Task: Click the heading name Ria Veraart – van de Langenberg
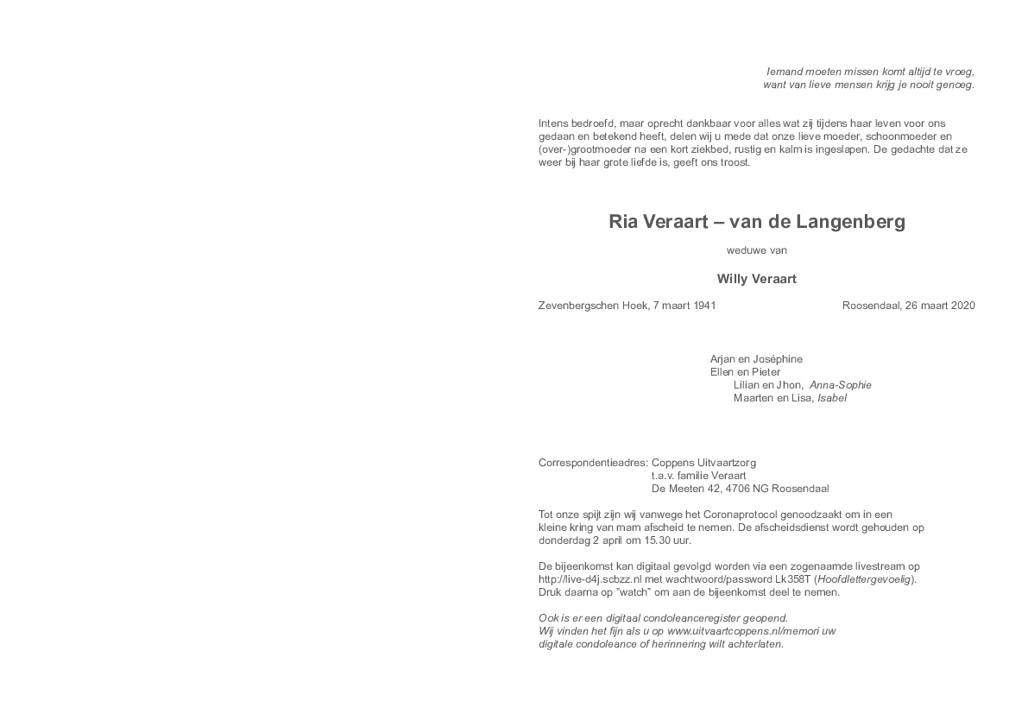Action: click(757, 222)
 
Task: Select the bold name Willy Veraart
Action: click(757, 279)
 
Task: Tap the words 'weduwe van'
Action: click(757, 250)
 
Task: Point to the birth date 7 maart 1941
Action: click(684, 306)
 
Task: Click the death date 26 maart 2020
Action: click(940, 306)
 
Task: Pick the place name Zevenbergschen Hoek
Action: click(593, 306)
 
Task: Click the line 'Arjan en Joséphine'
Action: click(756, 359)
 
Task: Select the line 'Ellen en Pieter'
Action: click(745, 372)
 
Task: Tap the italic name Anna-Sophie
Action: click(841, 385)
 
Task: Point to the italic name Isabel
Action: click(832, 398)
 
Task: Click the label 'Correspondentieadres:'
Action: click(593, 463)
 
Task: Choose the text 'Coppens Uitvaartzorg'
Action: click(704, 463)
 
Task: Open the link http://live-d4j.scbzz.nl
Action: click(590, 579)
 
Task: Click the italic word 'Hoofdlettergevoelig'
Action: click(864, 579)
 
